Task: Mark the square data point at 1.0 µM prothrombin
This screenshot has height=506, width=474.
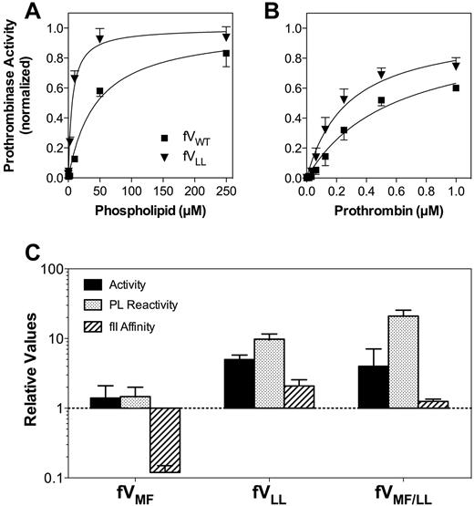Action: click(x=456, y=88)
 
